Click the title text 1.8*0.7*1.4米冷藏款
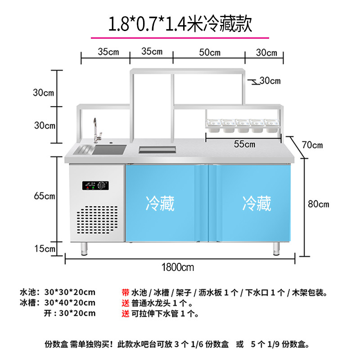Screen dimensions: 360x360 coord(180,23)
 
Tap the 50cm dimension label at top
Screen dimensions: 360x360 coord(210,52)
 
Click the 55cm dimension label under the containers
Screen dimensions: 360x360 coord(245,144)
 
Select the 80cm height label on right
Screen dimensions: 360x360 coord(318,204)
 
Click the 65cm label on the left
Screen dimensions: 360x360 coord(44,196)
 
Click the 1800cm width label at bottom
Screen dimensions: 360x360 coord(179,267)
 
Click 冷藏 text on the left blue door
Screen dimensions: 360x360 coord(160,203)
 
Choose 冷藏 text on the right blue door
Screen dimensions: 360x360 coord(256,203)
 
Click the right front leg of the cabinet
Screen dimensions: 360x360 coord(276,248)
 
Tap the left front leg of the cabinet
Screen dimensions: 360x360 coord(84,248)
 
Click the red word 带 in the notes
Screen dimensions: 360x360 coord(126,292)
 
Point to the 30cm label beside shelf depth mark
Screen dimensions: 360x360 coord(270,81)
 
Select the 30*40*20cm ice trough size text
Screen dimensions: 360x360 coord(70,302)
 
